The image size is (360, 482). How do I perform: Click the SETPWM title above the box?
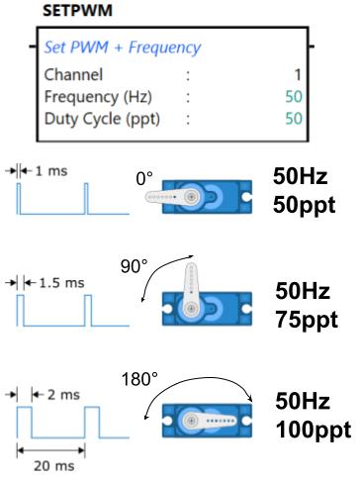[77, 10]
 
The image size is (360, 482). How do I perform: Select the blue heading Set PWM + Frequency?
[123, 48]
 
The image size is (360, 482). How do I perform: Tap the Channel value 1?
[298, 74]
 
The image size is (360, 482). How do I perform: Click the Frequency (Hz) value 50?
[294, 97]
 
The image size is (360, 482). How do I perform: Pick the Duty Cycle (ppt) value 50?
[294, 119]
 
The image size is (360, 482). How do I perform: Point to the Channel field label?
[73, 74]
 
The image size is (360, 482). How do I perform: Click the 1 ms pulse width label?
[51, 171]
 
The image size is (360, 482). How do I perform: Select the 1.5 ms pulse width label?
[61, 283]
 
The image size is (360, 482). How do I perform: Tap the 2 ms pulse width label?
[63, 395]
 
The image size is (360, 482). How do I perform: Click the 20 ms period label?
[54, 466]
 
